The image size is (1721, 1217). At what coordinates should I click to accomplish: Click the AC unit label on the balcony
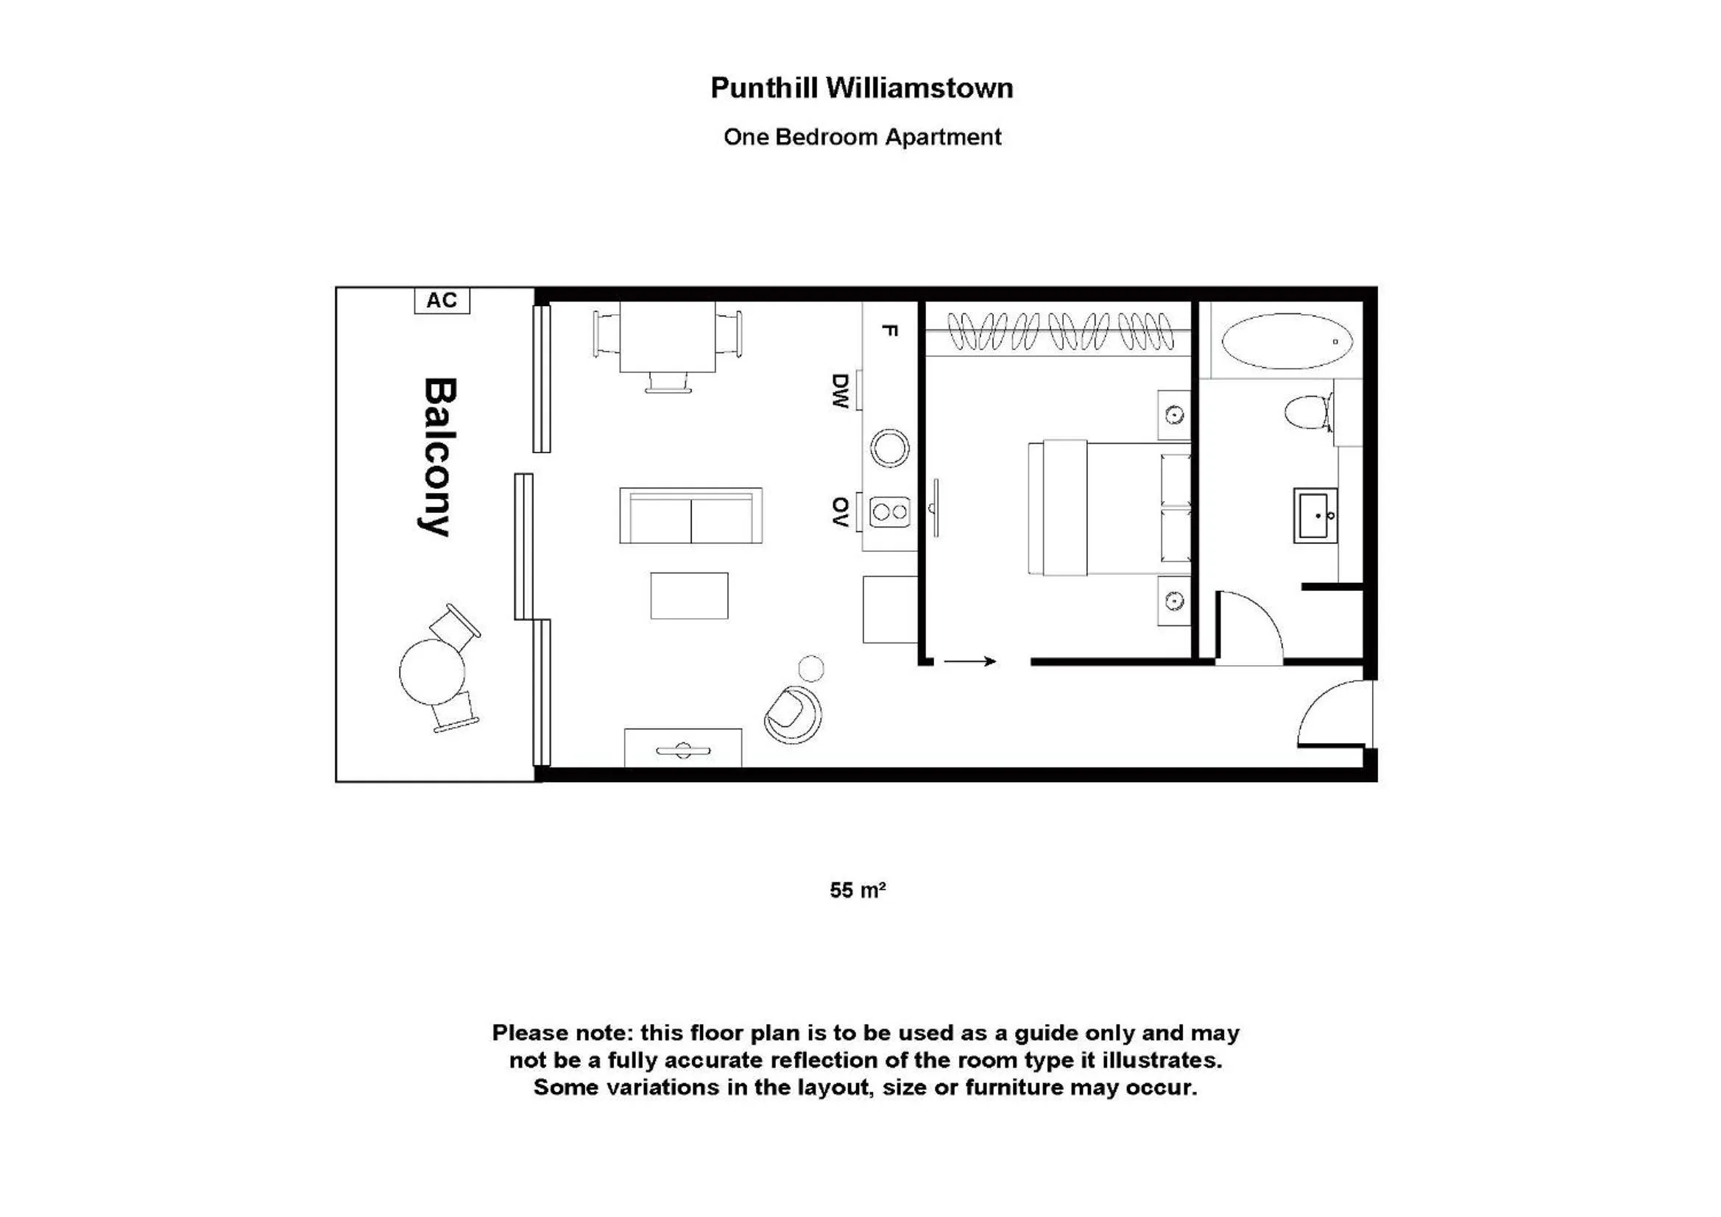[x=442, y=300]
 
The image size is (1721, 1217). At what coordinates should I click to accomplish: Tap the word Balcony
[x=439, y=457]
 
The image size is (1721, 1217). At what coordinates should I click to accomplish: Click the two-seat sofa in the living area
[x=690, y=516]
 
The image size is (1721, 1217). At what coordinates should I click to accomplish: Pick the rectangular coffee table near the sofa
[x=689, y=596]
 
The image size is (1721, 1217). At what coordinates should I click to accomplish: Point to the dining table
[x=667, y=336]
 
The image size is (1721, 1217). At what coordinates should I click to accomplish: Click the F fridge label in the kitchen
[x=889, y=330]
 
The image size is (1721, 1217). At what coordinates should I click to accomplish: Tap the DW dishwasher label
[x=841, y=391]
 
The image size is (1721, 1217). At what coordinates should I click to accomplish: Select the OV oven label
[x=841, y=512]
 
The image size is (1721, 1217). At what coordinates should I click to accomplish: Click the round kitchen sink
[x=890, y=448]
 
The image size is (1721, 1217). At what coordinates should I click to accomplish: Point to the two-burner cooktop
[x=890, y=513]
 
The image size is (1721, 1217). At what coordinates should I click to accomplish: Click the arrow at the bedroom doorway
[x=970, y=661]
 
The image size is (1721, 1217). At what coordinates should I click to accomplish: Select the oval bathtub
[x=1287, y=341]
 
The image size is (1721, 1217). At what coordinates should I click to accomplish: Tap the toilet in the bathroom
[x=1309, y=412]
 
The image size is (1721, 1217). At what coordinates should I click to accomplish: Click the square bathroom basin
[x=1315, y=516]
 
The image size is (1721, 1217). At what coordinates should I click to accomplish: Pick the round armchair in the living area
[x=793, y=715]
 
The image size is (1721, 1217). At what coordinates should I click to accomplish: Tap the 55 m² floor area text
[x=858, y=890]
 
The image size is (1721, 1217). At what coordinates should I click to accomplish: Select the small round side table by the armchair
[x=811, y=667]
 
